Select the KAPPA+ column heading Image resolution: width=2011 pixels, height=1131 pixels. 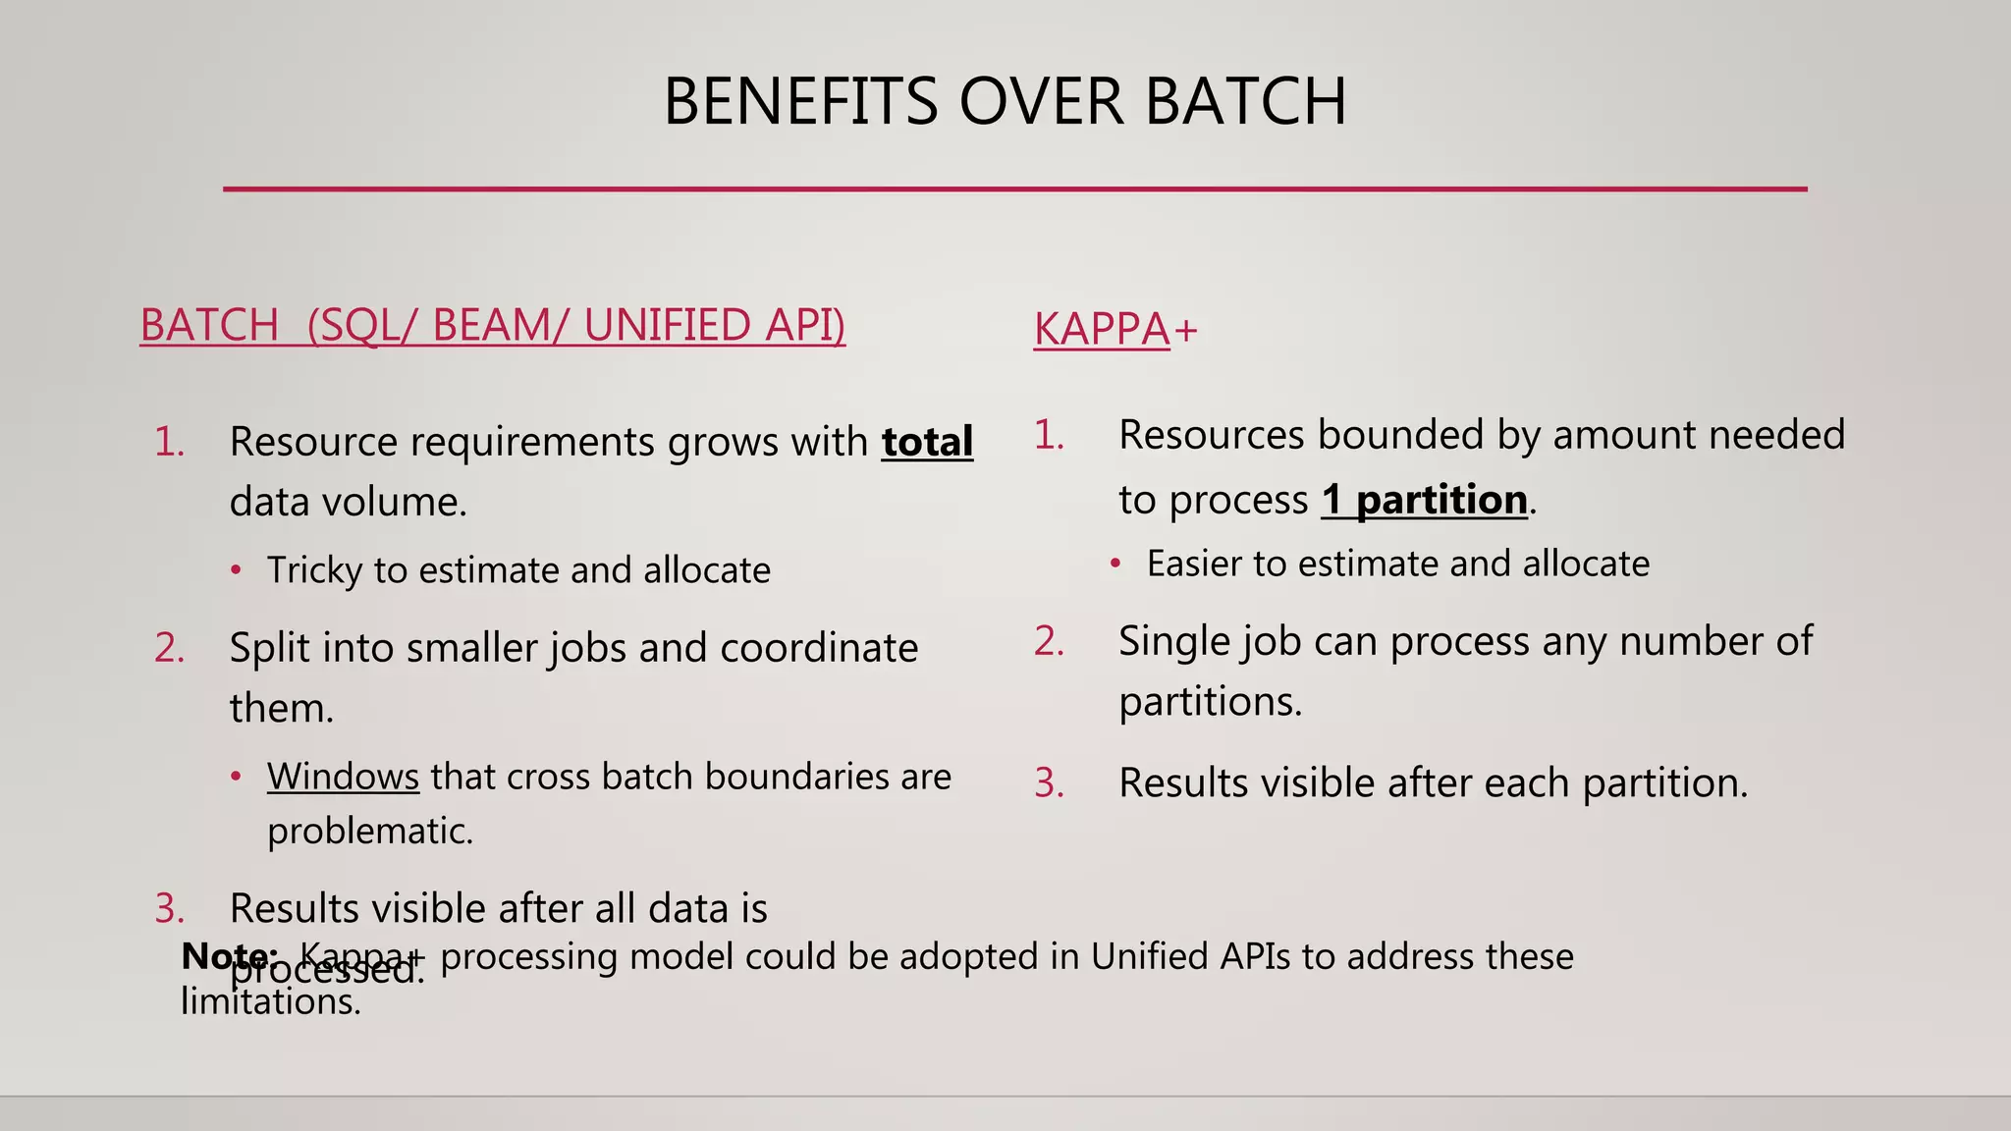click(1115, 329)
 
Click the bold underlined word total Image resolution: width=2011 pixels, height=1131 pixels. click(927, 442)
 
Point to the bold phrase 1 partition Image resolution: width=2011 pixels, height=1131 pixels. click(1424, 500)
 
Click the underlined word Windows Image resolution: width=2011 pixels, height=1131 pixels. click(343, 777)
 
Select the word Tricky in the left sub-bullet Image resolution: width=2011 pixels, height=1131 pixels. click(314, 570)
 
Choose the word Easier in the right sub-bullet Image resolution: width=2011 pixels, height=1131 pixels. click(1194, 564)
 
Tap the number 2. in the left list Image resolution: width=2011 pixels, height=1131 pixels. click(170, 648)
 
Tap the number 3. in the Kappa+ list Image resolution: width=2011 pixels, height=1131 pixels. click(1049, 783)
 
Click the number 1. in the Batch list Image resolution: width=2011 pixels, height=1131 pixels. click(170, 442)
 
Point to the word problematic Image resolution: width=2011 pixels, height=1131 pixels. click(369, 832)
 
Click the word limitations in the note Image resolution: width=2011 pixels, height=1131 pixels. click(270, 1002)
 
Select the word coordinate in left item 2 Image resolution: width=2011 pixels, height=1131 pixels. click(819, 648)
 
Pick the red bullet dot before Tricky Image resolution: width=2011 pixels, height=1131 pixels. click(236, 570)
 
